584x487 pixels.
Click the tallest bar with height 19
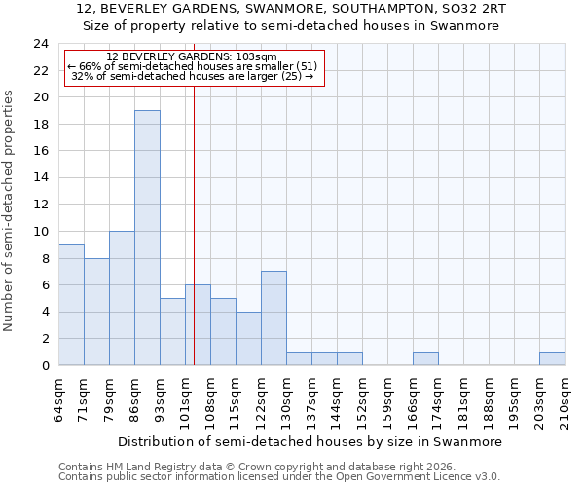pyautogui.click(x=147, y=238)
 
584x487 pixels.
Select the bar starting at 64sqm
pyautogui.click(x=71, y=305)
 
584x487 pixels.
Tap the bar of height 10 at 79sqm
pyautogui.click(x=122, y=298)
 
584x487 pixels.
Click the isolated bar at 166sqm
pyautogui.click(x=425, y=358)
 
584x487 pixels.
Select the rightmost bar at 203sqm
pyautogui.click(x=552, y=358)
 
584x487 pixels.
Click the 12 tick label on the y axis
pyautogui.click(x=40, y=205)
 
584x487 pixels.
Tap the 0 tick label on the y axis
pyautogui.click(x=44, y=366)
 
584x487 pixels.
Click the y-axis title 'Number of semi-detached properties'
pyautogui.click(x=9, y=210)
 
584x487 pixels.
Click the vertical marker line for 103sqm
pyautogui.click(x=194, y=195)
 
